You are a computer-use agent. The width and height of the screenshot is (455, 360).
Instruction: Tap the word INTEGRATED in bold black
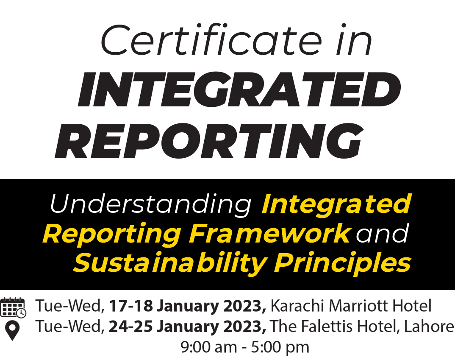pos(239,89)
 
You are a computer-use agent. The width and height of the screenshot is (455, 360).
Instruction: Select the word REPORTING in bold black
pos(209,141)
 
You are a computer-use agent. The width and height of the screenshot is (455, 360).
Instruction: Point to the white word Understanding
pos(151,205)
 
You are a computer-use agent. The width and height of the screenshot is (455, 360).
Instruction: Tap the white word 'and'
pos(383,233)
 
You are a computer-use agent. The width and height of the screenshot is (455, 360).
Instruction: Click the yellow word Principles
pos(342,263)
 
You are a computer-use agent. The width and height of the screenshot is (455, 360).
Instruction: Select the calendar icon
pos(13,307)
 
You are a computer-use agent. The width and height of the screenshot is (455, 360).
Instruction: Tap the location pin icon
pos(12,331)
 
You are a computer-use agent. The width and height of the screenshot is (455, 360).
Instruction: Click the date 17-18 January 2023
pos(187,306)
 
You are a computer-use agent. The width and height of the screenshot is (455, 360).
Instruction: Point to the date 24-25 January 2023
pos(187,327)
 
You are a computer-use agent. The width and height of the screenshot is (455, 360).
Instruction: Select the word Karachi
pos(298,306)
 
